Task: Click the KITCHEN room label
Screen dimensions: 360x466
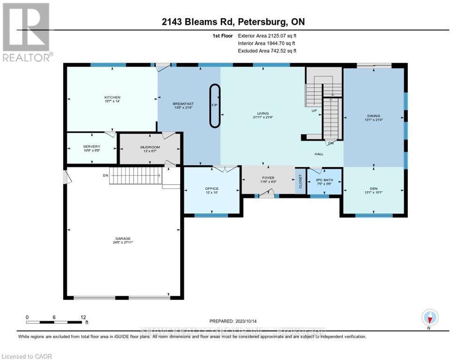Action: tap(113, 97)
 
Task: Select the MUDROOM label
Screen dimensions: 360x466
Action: tap(150, 147)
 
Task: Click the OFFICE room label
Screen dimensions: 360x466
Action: tap(211, 188)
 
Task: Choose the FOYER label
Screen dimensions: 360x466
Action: tap(268, 178)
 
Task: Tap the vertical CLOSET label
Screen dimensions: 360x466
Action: tap(300, 180)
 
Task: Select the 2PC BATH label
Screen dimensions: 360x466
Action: tap(323, 180)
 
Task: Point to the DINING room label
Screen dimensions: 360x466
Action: tap(374, 116)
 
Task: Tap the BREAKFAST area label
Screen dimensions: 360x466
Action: tap(183, 104)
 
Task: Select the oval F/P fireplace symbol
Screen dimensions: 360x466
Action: tap(214, 105)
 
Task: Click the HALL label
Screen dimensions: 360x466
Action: tap(319, 154)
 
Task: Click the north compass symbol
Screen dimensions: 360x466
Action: tap(429, 318)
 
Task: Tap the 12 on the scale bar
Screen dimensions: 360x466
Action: tap(83, 317)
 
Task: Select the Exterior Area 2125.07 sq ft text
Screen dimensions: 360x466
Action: tap(267, 36)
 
